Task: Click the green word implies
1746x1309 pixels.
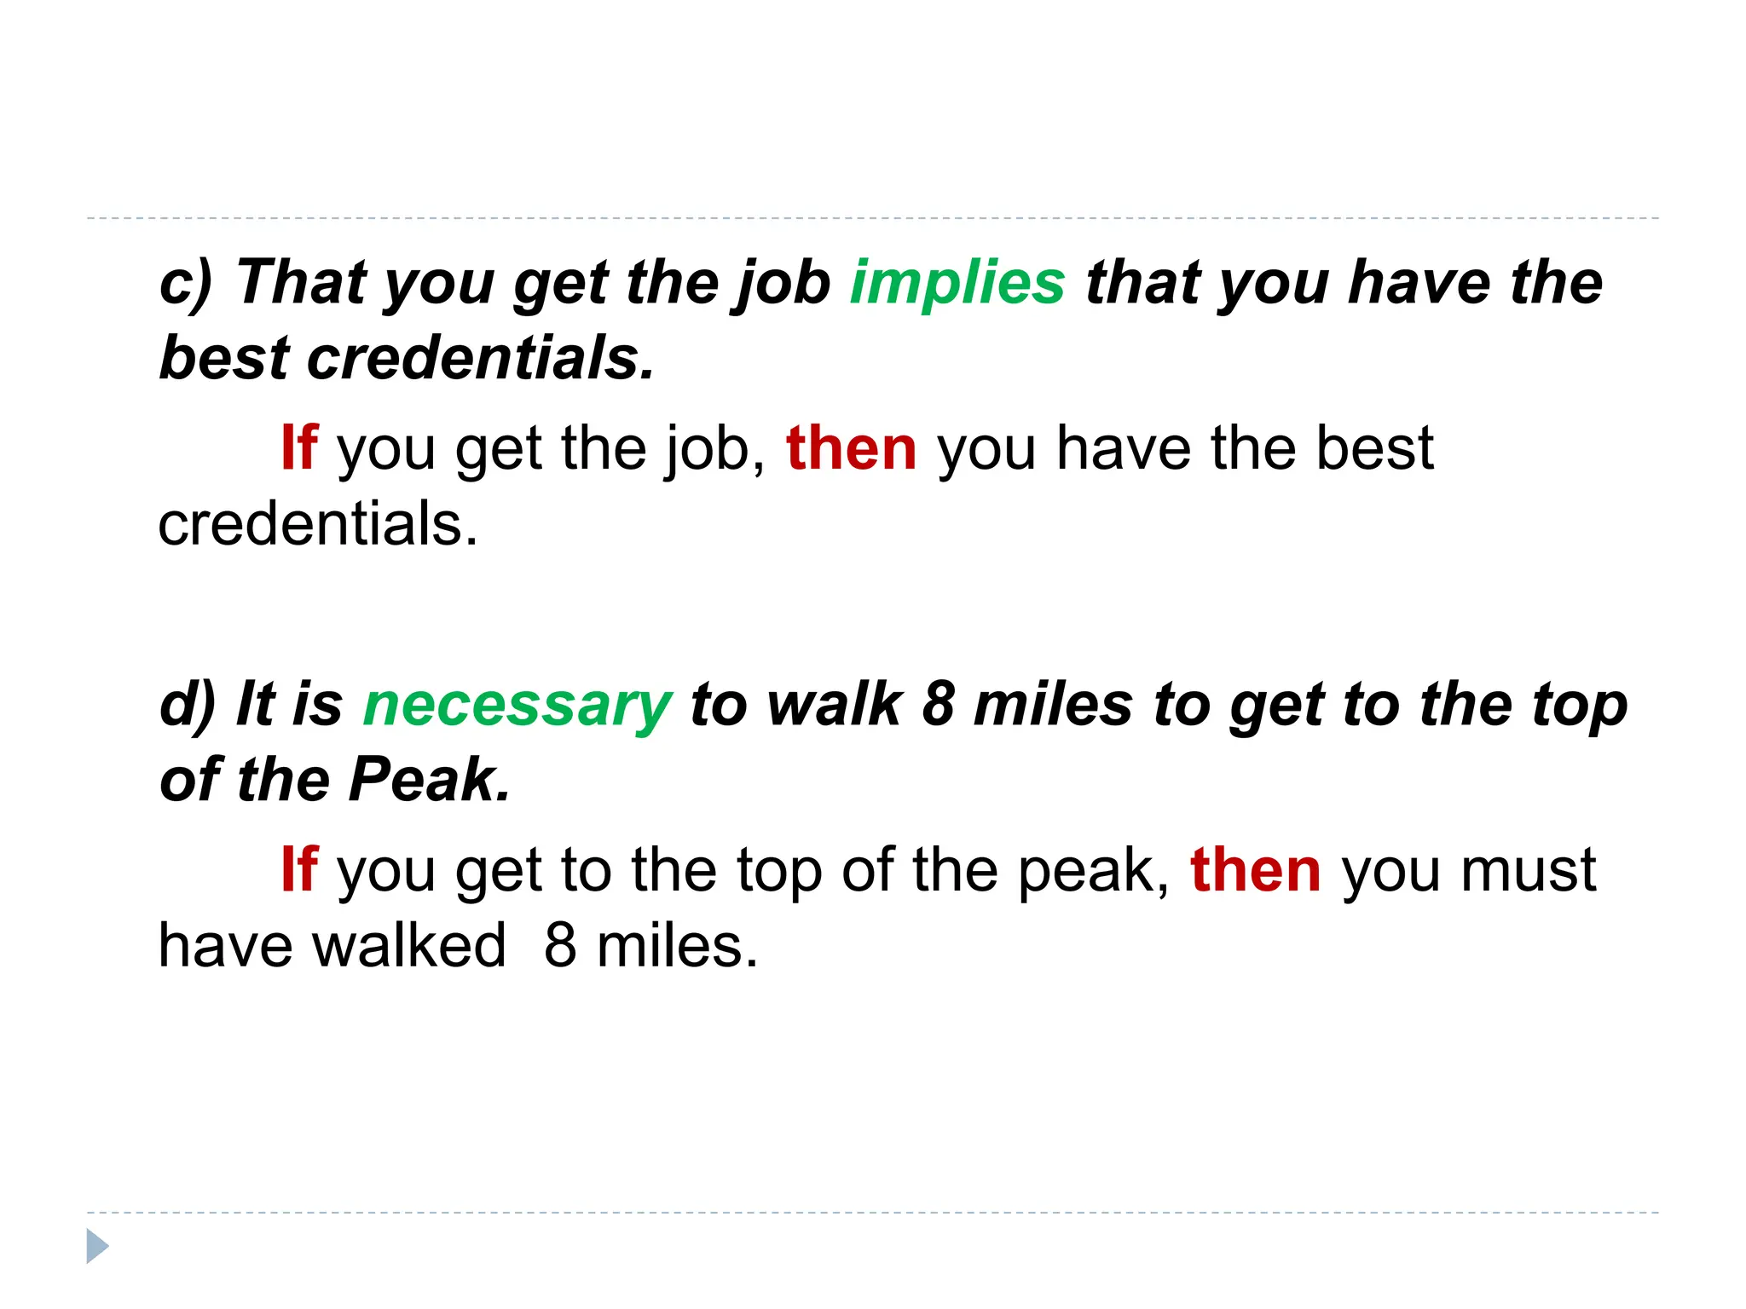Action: click(x=957, y=283)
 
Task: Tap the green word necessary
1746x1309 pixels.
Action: click(x=517, y=706)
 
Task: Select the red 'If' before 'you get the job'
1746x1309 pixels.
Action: click(x=299, y=448)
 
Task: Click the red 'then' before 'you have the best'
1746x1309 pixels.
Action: click(x=851, y=448)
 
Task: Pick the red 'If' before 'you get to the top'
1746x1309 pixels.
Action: click(x=299, y=870)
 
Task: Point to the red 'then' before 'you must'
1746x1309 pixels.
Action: click(x=1255, y=870)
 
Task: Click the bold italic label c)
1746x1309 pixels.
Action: click(x=186, y=283)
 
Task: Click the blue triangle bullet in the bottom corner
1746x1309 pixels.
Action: click(x=97, y=1246)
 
